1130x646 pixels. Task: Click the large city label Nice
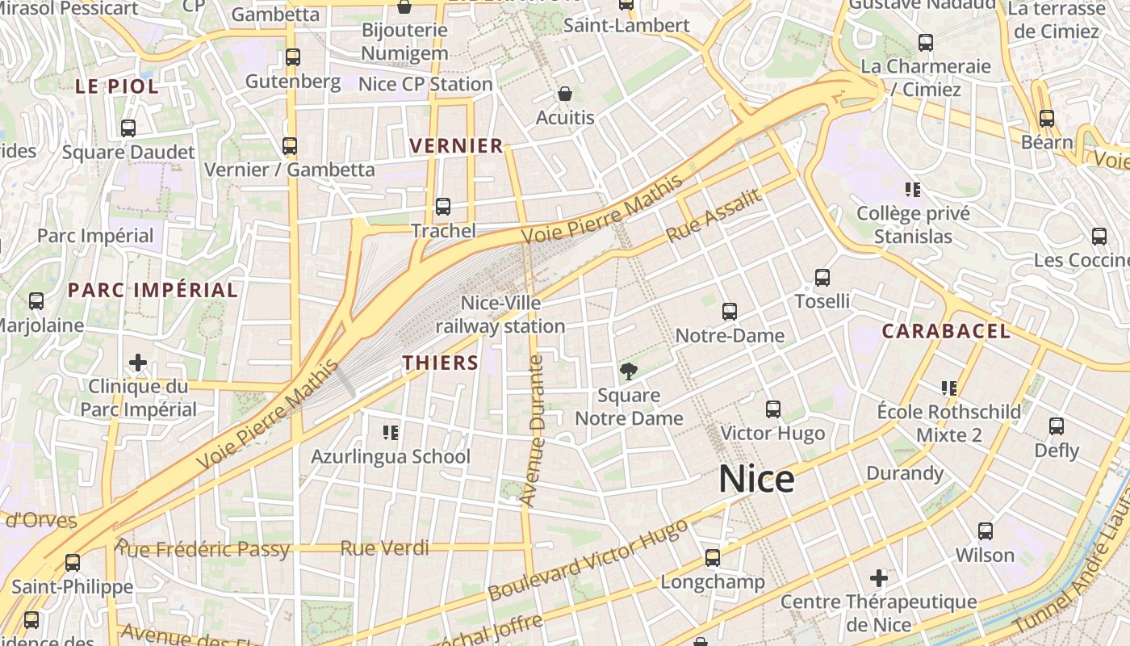pos(756,479)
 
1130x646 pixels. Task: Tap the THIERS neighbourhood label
pos(441,363)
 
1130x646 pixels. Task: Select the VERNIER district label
pos(456,146)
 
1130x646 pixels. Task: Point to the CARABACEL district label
pos(945,331)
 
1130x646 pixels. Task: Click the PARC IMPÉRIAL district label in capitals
pos(153,290)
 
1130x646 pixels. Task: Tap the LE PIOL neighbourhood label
pos(117,86)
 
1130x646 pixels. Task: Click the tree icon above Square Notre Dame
pos(628,371)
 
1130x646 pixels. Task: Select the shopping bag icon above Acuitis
pos(565,94)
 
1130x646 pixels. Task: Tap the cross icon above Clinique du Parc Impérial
pos(138,363)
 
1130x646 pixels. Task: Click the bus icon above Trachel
pos(442,207)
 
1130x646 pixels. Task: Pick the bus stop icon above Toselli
pos(822,278)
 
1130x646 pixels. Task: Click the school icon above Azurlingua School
pos(391,433)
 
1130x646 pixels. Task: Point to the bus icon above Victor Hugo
pos(772,409)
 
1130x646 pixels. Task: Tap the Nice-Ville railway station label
pos(500,314)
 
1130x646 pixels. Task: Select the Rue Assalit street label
pos(714,216)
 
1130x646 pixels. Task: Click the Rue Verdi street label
pos(384,548)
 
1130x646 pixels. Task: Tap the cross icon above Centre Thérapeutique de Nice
pos(878,578)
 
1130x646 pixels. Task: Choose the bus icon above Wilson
pos(985,531)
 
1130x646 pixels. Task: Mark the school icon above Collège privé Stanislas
pos(913,190)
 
